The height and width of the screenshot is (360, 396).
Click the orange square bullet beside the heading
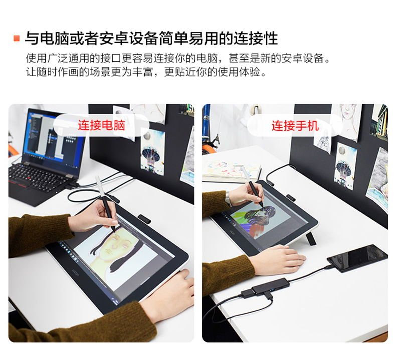17,39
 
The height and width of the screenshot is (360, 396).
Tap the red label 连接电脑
102,125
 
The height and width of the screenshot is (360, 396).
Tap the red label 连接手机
295,126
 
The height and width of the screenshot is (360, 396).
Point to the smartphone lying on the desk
357,258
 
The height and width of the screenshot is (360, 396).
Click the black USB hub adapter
271,287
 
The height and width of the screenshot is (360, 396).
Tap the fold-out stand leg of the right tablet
311,238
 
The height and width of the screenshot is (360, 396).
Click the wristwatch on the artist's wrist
228,199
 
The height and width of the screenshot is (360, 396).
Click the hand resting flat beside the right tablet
278,260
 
